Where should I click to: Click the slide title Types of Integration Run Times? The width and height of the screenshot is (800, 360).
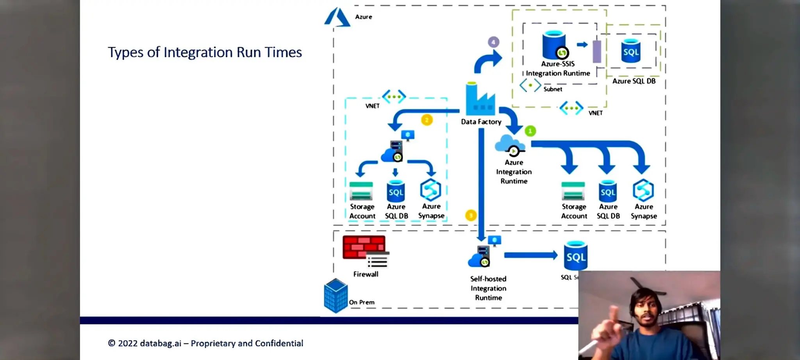click(x=205, y=52)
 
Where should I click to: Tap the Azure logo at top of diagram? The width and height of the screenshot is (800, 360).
click(x=337, y=18)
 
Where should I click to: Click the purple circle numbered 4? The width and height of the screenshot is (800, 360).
click(x=493, y=42)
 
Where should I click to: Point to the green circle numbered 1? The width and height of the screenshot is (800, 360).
click(x=530, y=131)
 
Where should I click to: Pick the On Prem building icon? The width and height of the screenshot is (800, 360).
click(x=336, y=296)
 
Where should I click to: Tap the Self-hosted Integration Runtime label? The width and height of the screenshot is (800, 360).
click(x=488, y=288)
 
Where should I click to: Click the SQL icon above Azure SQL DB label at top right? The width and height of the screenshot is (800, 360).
click(x=631, y=51)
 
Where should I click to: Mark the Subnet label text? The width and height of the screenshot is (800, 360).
click(x=553, y=89)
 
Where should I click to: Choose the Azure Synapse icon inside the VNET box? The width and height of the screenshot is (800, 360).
click(x=430, y=190)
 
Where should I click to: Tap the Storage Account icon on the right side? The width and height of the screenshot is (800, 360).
click(x=573, y=191)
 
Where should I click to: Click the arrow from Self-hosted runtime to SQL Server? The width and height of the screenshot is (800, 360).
click(x=530, y=255)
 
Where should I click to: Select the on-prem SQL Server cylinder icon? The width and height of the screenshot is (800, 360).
click(x=576, y=256)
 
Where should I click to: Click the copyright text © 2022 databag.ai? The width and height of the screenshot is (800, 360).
click(x=205, y=343)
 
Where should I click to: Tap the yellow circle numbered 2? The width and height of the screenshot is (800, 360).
click(x=427, y=120)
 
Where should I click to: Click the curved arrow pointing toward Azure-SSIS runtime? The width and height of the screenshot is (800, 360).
click(x=487, y=62)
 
